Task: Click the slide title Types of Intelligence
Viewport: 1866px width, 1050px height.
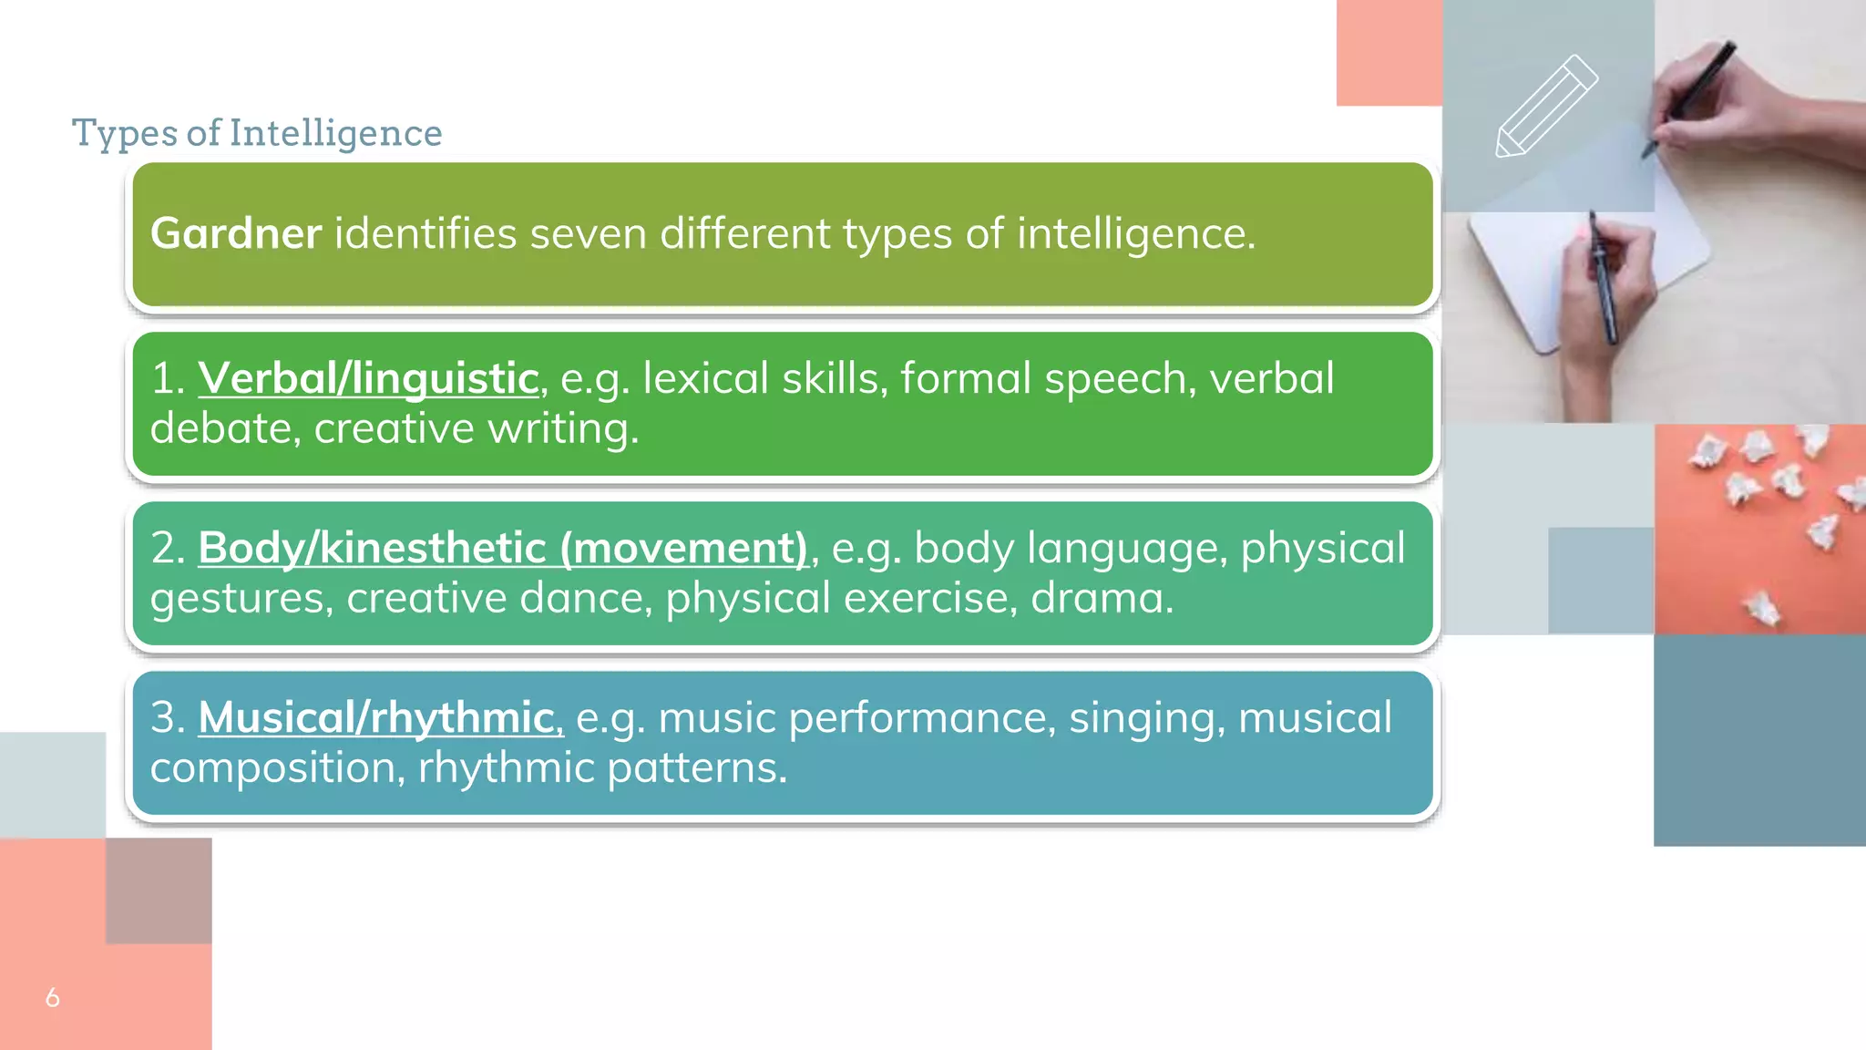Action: (257, 133)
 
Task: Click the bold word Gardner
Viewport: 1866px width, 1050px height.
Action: (236, 233)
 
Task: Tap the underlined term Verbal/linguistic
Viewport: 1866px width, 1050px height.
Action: (368, 378)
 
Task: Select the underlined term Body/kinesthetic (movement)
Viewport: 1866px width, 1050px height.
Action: (503, 548)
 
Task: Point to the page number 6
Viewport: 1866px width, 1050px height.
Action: (53, 997)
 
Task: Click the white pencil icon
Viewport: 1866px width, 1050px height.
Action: (1545, 107)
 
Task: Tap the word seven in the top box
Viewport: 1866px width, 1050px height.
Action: (588, 233)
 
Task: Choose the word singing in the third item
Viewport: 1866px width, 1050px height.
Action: (1146, 717)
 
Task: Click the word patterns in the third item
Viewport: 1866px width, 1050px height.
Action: (696, 767)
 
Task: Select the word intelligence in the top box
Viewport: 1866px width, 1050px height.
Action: (1135, 233)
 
